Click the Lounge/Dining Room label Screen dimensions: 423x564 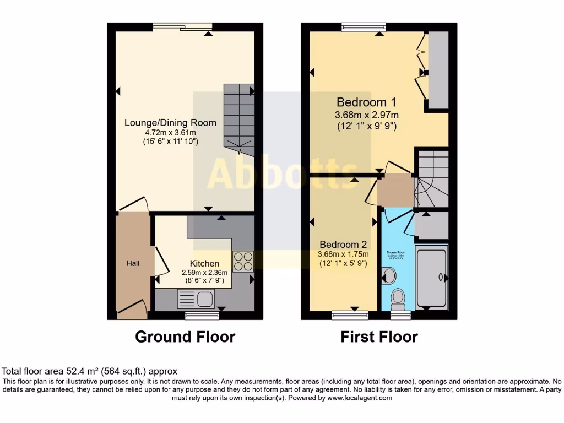(x=170, y=122)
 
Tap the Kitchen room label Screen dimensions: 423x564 (x=204, y=263)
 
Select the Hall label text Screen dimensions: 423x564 (x=133, y=263)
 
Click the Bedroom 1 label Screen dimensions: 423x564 (x=366, y=102)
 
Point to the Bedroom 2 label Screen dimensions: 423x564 (x=344, y=244)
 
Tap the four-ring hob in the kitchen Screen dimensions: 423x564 (x=243, y=261)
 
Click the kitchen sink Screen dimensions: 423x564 (x=196, y=299)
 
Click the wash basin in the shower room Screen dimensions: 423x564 (x=388, y=274)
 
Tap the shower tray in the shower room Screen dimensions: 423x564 (x=431, y=278)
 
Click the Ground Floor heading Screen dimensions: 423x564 (x=185, y=337)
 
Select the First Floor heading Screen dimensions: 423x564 (x=379, y=337)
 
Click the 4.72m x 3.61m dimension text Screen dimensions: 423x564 (x=170, y=133)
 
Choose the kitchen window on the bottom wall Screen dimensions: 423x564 (x=202, y=315)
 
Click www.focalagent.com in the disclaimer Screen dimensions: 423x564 (x=359, y=398)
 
